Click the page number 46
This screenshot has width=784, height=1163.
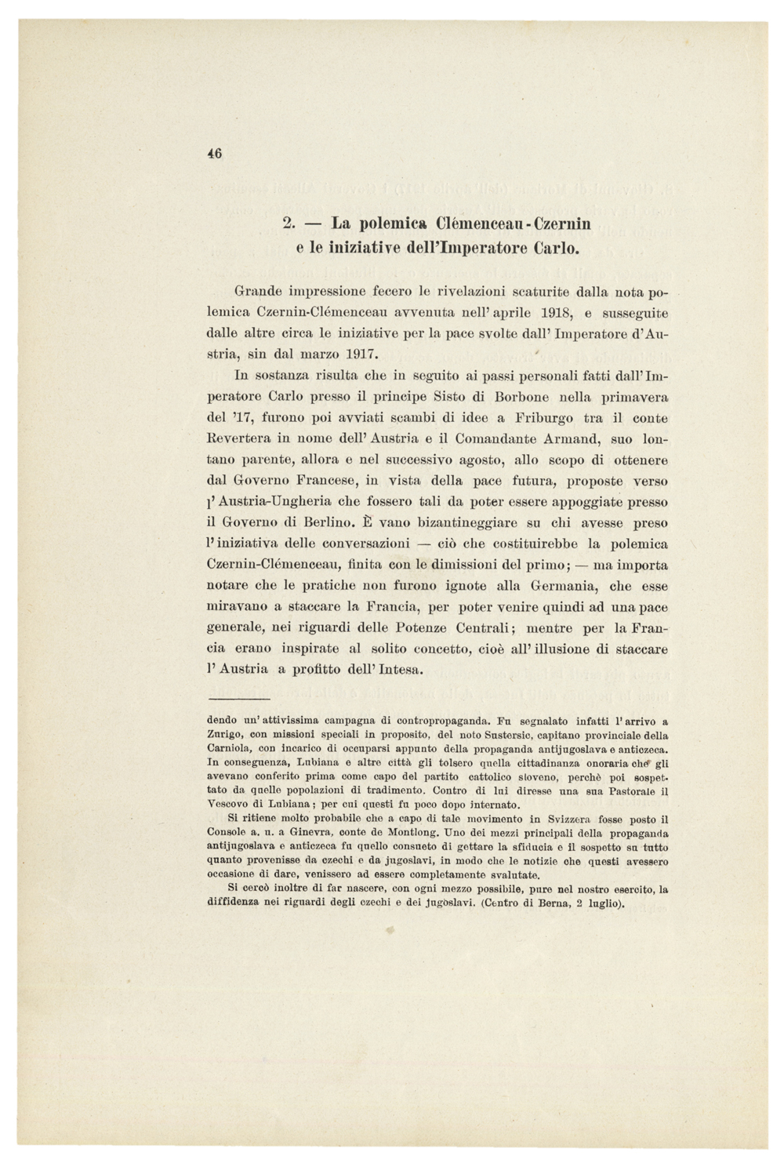click(x=216, y=154)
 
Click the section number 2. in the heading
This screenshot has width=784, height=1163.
click(x=288, y=224)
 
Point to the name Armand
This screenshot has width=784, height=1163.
click(x=568, y=439)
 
